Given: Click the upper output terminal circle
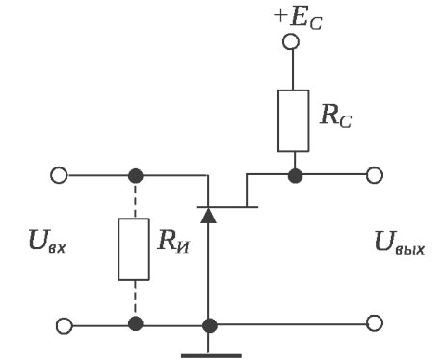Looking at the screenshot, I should click(375, 175).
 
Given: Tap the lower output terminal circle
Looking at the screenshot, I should click(375, 325).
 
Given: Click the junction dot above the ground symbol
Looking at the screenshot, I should click(208, 325).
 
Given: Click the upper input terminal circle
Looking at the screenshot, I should click(60, 175).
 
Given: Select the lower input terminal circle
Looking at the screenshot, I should click(60, 325).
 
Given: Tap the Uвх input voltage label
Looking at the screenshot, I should click(46, 244).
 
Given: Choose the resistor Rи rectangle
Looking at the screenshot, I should click(136, 250).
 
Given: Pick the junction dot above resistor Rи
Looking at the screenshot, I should click(136, 175).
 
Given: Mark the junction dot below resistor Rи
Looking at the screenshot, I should click(136, 325).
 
